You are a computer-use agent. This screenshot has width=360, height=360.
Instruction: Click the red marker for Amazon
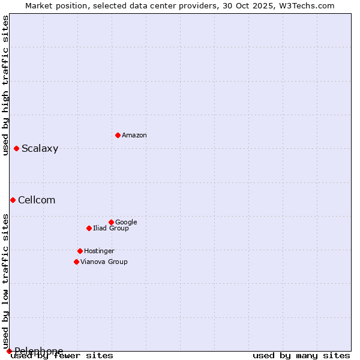pos(118,135)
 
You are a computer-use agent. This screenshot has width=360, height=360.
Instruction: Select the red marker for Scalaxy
pos(16,148)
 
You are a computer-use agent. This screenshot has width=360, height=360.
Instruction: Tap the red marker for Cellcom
pos(13,200)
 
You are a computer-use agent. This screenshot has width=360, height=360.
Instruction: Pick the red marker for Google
pos(111,222)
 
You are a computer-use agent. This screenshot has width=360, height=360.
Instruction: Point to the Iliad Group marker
pos(89,228)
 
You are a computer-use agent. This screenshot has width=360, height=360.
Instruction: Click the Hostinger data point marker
pos(80,251)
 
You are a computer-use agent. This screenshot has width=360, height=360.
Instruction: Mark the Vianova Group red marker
pos(76,262)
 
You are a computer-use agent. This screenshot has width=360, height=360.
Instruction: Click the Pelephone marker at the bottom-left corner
pos(9,351)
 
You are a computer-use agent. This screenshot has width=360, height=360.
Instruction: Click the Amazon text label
pos(134,136)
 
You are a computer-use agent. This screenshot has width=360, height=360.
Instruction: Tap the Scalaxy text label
pos(40,149)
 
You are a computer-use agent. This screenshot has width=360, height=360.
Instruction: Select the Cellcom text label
pos(37,200)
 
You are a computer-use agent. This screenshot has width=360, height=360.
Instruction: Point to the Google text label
pos(126,223)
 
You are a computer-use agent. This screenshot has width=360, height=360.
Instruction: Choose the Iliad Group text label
pos(111,229)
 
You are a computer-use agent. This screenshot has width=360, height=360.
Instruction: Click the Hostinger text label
pos(99,251)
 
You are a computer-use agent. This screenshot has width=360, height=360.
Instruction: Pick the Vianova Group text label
pos(104,262)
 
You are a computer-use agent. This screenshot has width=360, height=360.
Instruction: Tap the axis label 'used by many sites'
pos(301,356)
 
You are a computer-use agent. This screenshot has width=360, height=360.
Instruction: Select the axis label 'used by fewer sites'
pos(62,356)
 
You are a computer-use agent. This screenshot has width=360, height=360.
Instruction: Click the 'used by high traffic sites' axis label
pos(5,85)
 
